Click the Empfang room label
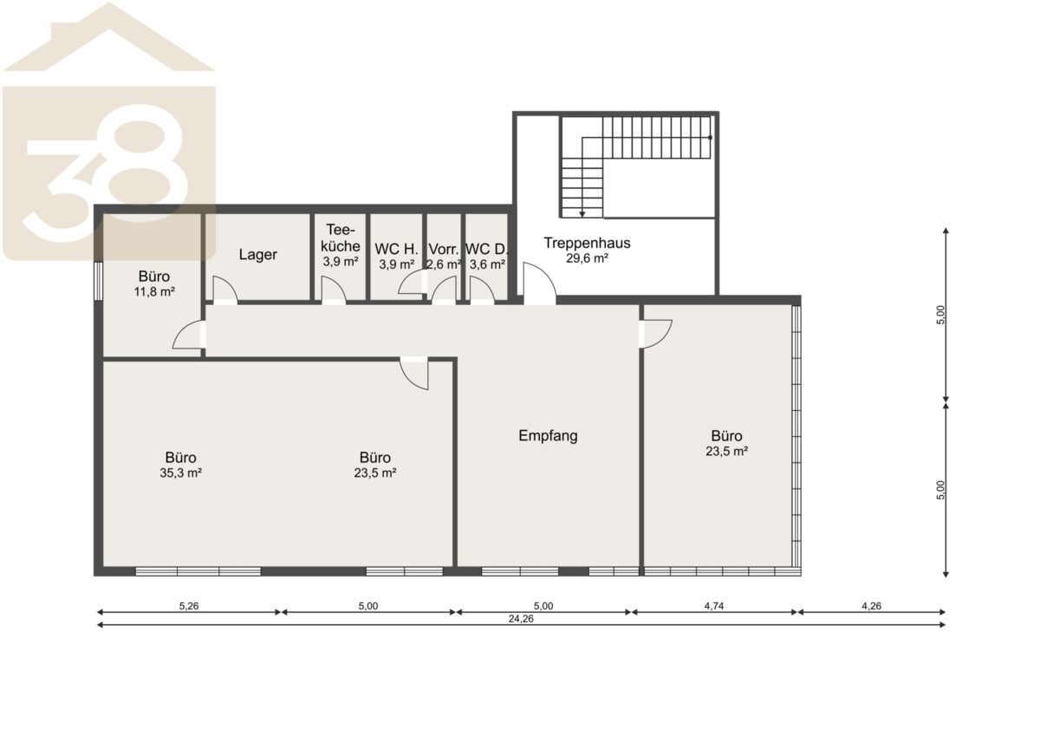[x=548, y=436]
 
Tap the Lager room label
[x=257, y=255]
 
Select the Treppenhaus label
[x=587, y=243]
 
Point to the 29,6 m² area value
[x=587, y=258]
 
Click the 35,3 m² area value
[x=180, y=473]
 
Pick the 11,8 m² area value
[x=154, y=292]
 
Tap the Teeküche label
[x=341, y=238]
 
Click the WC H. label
[x=396, y=250]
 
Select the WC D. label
[x=486, y=250]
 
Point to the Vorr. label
[x=444, y=250]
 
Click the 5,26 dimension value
[x=189, y=606]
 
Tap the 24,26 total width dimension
[x=521, y=619]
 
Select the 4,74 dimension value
[x=713, y=606]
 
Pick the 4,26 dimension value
[x=871, y=606]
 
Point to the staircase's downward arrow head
[x=582, y=214]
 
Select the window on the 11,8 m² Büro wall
[x=98, y=282]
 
